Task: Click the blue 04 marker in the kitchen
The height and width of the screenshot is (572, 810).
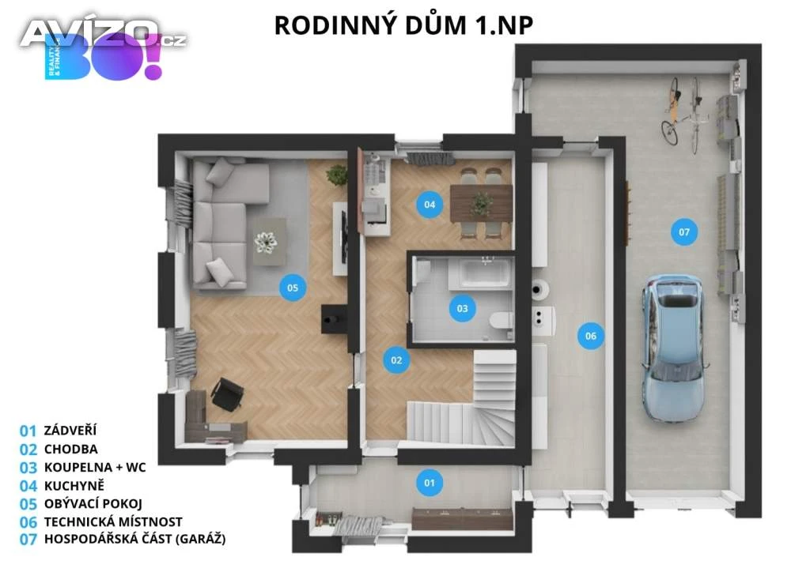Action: pyautogui.click(x=430, y=205)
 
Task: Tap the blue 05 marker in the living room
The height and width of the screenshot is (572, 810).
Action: pyautogui.click(x=293, y=288)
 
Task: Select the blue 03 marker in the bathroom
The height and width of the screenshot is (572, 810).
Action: pyautogui.click(x=462, y=308)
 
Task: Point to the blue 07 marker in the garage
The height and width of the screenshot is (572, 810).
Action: pyautogui.click(x=684, y=232)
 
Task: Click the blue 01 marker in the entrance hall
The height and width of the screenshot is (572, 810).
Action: pyautogui.click(x=430, y=483)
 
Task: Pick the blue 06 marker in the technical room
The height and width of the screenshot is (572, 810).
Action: pyautogui.click(x=591, y=336)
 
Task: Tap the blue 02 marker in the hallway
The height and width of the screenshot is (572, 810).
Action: pyautogui.click(x=396, y=360)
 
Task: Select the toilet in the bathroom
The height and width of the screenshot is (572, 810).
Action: pyautogui.click(x=500, y=320)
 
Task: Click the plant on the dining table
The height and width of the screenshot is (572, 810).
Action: pyautogui.click(x=481, y=204)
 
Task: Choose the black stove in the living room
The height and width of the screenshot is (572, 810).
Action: pyautogui.click(x=334, y=318)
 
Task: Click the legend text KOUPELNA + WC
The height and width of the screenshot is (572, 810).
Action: pyautogui.click(x=95, y=467)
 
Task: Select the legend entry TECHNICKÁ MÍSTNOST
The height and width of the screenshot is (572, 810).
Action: pyautogui.click(x=113, y=522)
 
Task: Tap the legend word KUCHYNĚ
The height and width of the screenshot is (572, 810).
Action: pyautogui.click(x=74, y=485)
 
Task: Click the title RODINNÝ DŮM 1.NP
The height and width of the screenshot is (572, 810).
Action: pyautogui.click(x=403, y=25)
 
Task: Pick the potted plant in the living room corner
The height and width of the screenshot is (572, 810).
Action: pyautogui.click(x=337, y=175)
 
